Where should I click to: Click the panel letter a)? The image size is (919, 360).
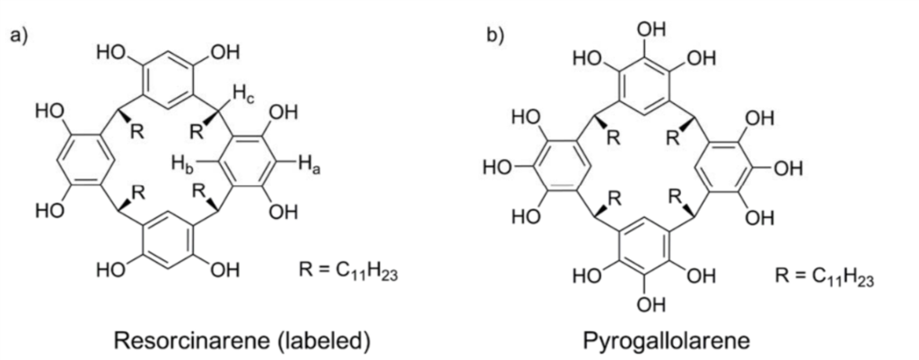pyautogui.click(x=18, y=35)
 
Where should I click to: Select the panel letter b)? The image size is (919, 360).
pyautogui.click(x=495, y=35)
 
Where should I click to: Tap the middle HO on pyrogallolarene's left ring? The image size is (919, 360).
pyautogui.click(x=496, y=168)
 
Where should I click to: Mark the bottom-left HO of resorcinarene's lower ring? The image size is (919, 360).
pyautogui.click(x=111, y=269)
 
